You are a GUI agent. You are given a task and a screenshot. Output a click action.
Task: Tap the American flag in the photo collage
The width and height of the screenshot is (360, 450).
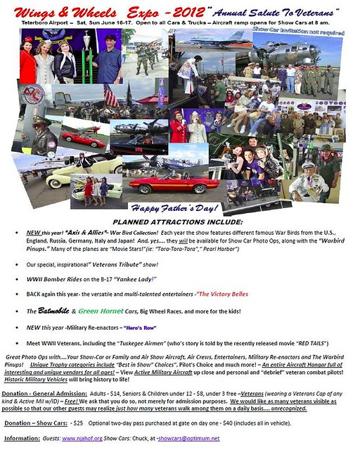[110, 96]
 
